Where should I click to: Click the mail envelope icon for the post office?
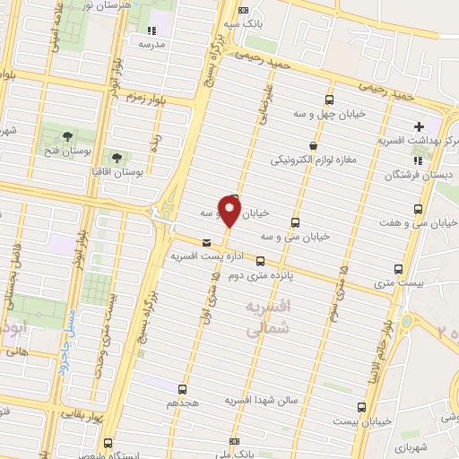coord(207,242)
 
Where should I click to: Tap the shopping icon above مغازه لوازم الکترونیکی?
coord(312,145)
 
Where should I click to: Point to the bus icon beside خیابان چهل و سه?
coord(329,100)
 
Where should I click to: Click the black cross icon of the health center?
coord(418,126)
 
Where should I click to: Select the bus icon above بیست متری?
coord(399,268)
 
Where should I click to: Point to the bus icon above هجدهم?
coord(183,389)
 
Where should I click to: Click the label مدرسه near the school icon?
coord(152,42)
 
